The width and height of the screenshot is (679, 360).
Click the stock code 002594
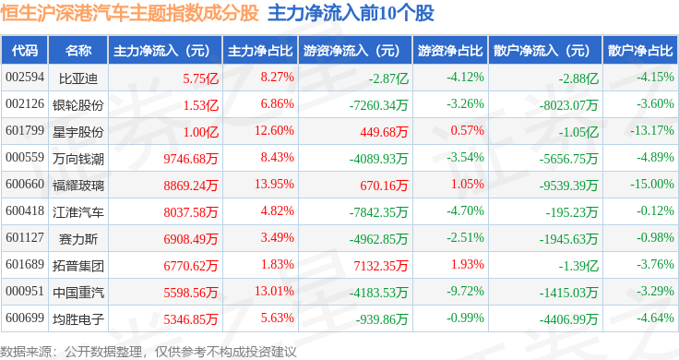coord(25,78)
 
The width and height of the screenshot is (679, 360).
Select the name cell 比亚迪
coord(77,78)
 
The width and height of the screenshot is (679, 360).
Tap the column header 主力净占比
coord(260,51)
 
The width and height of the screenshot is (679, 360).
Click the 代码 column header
coord(25,51)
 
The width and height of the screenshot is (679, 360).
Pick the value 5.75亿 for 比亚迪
coord(200,78)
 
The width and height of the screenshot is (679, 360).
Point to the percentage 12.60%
coord(274,130)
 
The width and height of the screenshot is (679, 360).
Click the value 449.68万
coord(384,132)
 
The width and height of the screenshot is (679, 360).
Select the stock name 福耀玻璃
coord(77,186)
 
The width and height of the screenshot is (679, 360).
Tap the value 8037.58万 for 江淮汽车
coord(191,212)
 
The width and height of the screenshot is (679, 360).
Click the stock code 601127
coord(25,237)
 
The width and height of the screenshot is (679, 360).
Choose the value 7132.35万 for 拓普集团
coord(381,266)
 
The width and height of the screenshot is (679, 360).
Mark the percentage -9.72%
coord(465,291)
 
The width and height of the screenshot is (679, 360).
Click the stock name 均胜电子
coord(77,319)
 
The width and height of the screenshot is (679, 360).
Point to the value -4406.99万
coord(568,319)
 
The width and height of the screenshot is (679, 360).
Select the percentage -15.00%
coord(651,184)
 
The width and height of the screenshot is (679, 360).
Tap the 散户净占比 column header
coord(640,51)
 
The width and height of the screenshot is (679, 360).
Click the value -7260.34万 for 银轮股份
coord(379,105)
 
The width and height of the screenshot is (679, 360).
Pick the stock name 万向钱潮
coord(77,159)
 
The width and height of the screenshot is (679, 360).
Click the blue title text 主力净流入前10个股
coord(351,13)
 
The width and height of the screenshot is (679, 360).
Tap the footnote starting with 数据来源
coord(149,352)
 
